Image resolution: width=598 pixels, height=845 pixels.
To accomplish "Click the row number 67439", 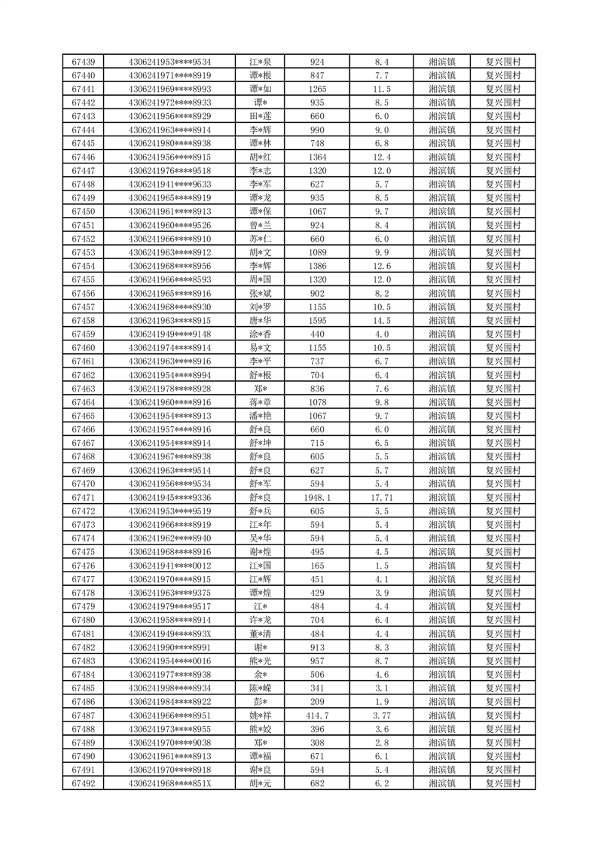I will (x=83, y=62).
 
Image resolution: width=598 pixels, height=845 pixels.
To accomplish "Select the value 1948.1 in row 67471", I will (x=317, y=498).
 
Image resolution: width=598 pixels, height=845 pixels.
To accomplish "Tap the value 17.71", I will (x=382, y=498).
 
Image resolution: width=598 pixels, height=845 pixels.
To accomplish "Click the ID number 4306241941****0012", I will (x=170, y=566).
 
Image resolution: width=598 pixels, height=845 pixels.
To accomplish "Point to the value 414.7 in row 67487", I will (x=317, y=715).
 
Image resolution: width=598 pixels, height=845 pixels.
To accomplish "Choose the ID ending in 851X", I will (x=170, y=783).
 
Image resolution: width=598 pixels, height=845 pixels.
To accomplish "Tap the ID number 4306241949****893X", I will (x=170, y=634).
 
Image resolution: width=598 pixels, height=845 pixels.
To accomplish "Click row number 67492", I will (x=83, y=783).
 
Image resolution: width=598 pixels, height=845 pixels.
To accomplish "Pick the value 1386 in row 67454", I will (x=317, y=266).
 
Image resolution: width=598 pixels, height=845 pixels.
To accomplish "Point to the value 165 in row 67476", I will (x=317, y=566).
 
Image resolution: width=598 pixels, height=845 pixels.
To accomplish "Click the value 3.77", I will (x=382, y=715).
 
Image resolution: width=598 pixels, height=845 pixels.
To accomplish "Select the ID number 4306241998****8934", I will (x=170, y=688).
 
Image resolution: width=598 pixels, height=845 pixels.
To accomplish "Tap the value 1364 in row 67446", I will (x=317, y=157).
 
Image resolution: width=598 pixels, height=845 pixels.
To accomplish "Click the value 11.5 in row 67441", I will (x=382, y=89).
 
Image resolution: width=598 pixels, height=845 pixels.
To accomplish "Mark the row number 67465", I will (x=83, y=416).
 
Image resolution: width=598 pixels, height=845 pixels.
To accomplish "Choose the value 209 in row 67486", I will (x=317, y=702).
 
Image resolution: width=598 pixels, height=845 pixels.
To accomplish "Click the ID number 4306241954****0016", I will (x=170, y=661).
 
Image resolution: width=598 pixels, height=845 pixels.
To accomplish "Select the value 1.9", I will (x=382, y=702).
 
